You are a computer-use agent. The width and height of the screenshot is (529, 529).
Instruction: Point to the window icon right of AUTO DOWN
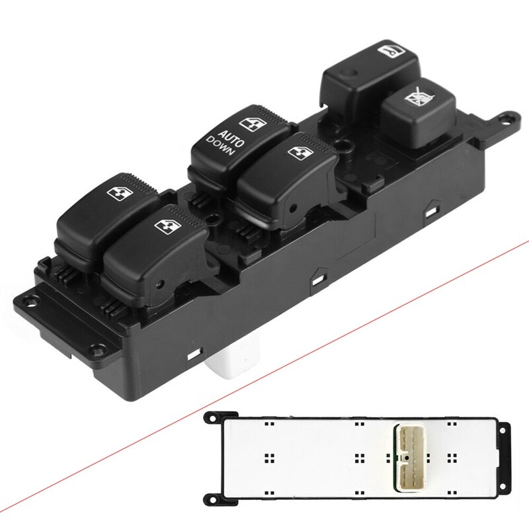[296, 151]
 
